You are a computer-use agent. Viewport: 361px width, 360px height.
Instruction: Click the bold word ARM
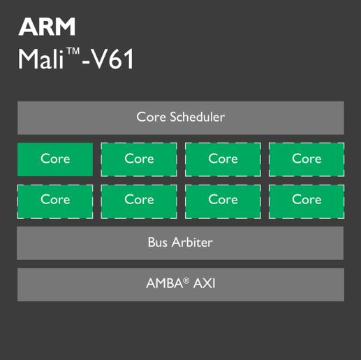pos(47,27)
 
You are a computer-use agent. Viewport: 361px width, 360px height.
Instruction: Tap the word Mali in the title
pos(41,59)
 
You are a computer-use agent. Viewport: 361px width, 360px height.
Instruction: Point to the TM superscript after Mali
pos(73,51)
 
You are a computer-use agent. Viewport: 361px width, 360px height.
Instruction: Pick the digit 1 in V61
pos(128,59)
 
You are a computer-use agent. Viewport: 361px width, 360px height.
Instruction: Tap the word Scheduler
pos(198,117)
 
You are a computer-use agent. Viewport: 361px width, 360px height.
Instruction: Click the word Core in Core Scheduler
pos(152,117)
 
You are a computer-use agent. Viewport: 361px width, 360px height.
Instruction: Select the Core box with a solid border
pos(55,159)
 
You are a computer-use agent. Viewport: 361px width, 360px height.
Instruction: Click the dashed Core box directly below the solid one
pos(55,201)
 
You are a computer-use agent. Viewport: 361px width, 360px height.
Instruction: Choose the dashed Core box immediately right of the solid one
pos(139,159)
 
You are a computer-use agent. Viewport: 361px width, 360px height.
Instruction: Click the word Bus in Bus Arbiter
pos(158,243)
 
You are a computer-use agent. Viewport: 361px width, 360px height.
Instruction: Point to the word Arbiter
pos(192,243)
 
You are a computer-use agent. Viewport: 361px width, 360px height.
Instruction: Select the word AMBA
pos(165,284)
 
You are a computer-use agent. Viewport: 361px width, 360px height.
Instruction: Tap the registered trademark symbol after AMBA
pos(186,280)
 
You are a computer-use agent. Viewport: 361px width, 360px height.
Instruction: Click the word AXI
pos(205,284)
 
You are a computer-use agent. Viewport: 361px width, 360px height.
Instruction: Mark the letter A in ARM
pos(27,27)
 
